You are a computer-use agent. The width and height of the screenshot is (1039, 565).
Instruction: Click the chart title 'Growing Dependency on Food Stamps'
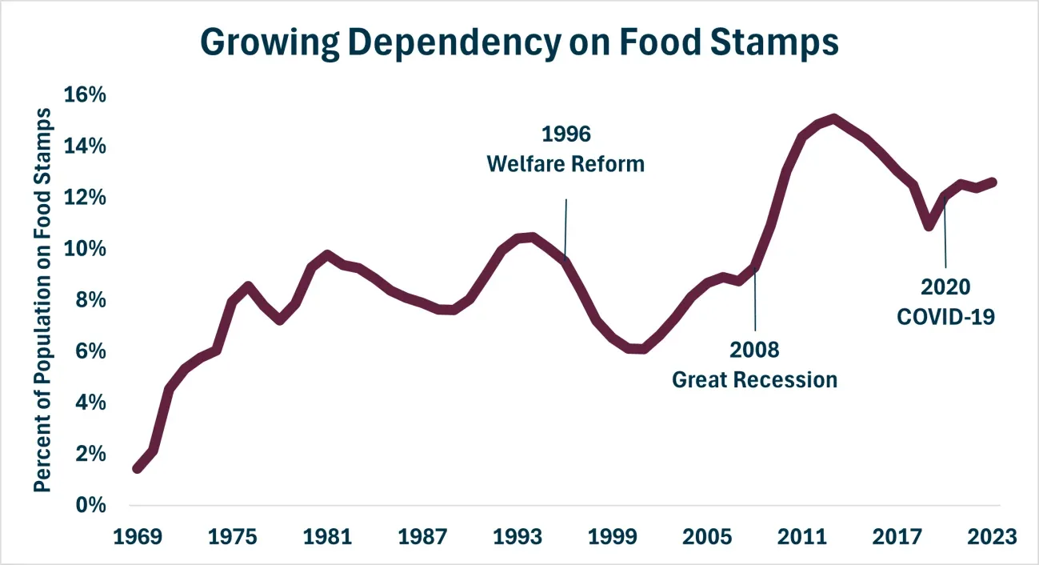tap(520, 42)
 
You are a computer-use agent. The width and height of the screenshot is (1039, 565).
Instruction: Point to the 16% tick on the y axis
tap(85, 94)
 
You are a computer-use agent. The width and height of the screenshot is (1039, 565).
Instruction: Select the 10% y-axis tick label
tap(85, 249)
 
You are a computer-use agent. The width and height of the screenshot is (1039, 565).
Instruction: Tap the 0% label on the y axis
tap(91, 505)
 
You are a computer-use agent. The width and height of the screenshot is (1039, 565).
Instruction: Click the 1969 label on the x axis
tap(138, 537)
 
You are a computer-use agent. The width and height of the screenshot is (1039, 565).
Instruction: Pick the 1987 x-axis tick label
tap(422, 537)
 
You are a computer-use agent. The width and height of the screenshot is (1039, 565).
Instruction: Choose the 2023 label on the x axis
tap(992, 537)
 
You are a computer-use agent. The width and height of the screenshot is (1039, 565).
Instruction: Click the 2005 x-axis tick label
tap(707, 537)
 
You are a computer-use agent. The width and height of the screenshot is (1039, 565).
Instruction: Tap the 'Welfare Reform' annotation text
tap(565, 164)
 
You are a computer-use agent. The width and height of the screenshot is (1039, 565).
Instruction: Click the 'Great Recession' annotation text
tap(755, 380)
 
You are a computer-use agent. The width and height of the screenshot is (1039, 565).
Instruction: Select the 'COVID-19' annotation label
tap(945, 317)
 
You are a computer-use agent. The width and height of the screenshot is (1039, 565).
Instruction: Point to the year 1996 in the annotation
tap(566, 134)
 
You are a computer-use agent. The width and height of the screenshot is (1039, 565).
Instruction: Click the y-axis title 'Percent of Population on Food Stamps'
tap(42, 300)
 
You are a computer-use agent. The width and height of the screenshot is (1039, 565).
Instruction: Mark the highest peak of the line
tap(834, 119)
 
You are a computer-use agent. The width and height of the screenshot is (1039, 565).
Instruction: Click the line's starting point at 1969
tap(138, 468)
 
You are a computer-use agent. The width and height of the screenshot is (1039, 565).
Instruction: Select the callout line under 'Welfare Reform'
tap(565, 230)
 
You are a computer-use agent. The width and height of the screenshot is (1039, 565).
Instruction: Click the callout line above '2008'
tap(755, 299)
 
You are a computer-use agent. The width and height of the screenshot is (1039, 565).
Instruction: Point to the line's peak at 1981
tap(327, 254)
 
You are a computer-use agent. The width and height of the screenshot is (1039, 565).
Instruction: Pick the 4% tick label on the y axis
tap(91, 403)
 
